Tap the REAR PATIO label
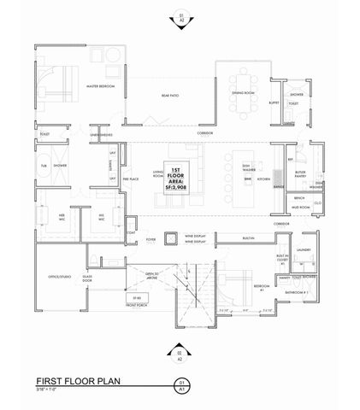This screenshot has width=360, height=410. coord(170,96)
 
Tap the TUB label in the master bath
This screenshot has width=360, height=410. coord(43,165)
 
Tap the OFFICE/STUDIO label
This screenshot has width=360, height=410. coord(54,279)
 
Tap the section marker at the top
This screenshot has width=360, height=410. coord(180,15)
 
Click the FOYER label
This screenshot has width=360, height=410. coord(149,239)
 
